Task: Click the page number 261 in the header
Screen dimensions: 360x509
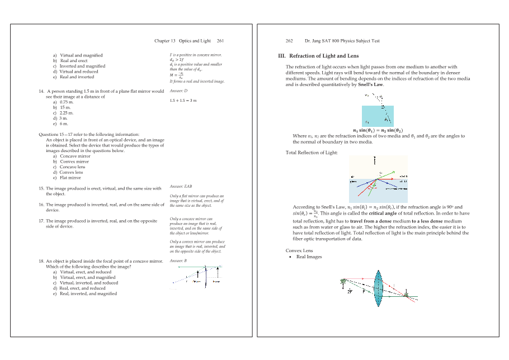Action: pos(221,41)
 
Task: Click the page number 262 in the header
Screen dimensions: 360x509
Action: pos(289,41)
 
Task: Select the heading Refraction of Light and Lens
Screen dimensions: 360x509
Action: pos(322,56)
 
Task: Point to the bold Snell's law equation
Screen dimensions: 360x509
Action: pos(374,130)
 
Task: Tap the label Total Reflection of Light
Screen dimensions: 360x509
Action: pos(312,152)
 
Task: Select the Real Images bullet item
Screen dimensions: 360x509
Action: pos(309,257)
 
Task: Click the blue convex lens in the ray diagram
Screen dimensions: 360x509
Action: pos(379,288)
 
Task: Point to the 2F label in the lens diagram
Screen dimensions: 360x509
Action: pos(350,292)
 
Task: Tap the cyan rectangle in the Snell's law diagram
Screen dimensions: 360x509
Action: pos(378,116)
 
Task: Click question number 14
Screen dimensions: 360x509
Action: pos(41,91)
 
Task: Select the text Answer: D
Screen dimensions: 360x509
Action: pos(178,91)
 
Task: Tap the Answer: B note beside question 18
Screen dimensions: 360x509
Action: pos(178,261)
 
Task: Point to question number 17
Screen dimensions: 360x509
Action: pos(41,221)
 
